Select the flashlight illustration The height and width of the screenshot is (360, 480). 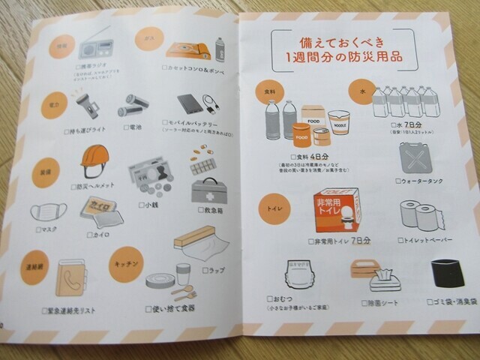coord(85,106)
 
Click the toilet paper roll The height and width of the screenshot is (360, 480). coord(418,216)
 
